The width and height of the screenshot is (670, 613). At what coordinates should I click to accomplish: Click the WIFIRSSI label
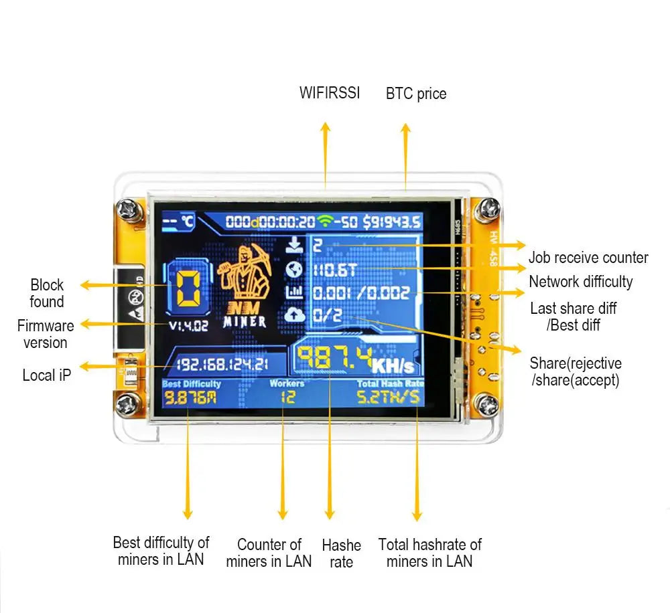click(329, 93)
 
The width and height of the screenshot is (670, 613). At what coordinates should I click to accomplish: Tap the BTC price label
click(415, 94)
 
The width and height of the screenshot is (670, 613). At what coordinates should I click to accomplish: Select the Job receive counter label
click(588, 258)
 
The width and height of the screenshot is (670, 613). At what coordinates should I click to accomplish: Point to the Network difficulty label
click(580, 282)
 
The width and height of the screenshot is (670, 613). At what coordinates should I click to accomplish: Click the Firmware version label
click(46, 334)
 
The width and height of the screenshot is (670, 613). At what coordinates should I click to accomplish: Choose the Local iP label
click(46, 375)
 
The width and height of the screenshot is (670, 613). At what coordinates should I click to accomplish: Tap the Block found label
click(47, 293)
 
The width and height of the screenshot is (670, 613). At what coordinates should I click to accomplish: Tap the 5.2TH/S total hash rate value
click(389, 398)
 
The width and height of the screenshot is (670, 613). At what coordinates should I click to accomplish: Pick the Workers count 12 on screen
click(286, 398)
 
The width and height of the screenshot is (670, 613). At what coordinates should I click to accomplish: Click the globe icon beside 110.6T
click(294, 269)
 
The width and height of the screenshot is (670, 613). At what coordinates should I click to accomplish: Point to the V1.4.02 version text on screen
click(188, 326)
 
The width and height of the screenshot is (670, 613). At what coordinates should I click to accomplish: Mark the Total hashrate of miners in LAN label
click(429, 553)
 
